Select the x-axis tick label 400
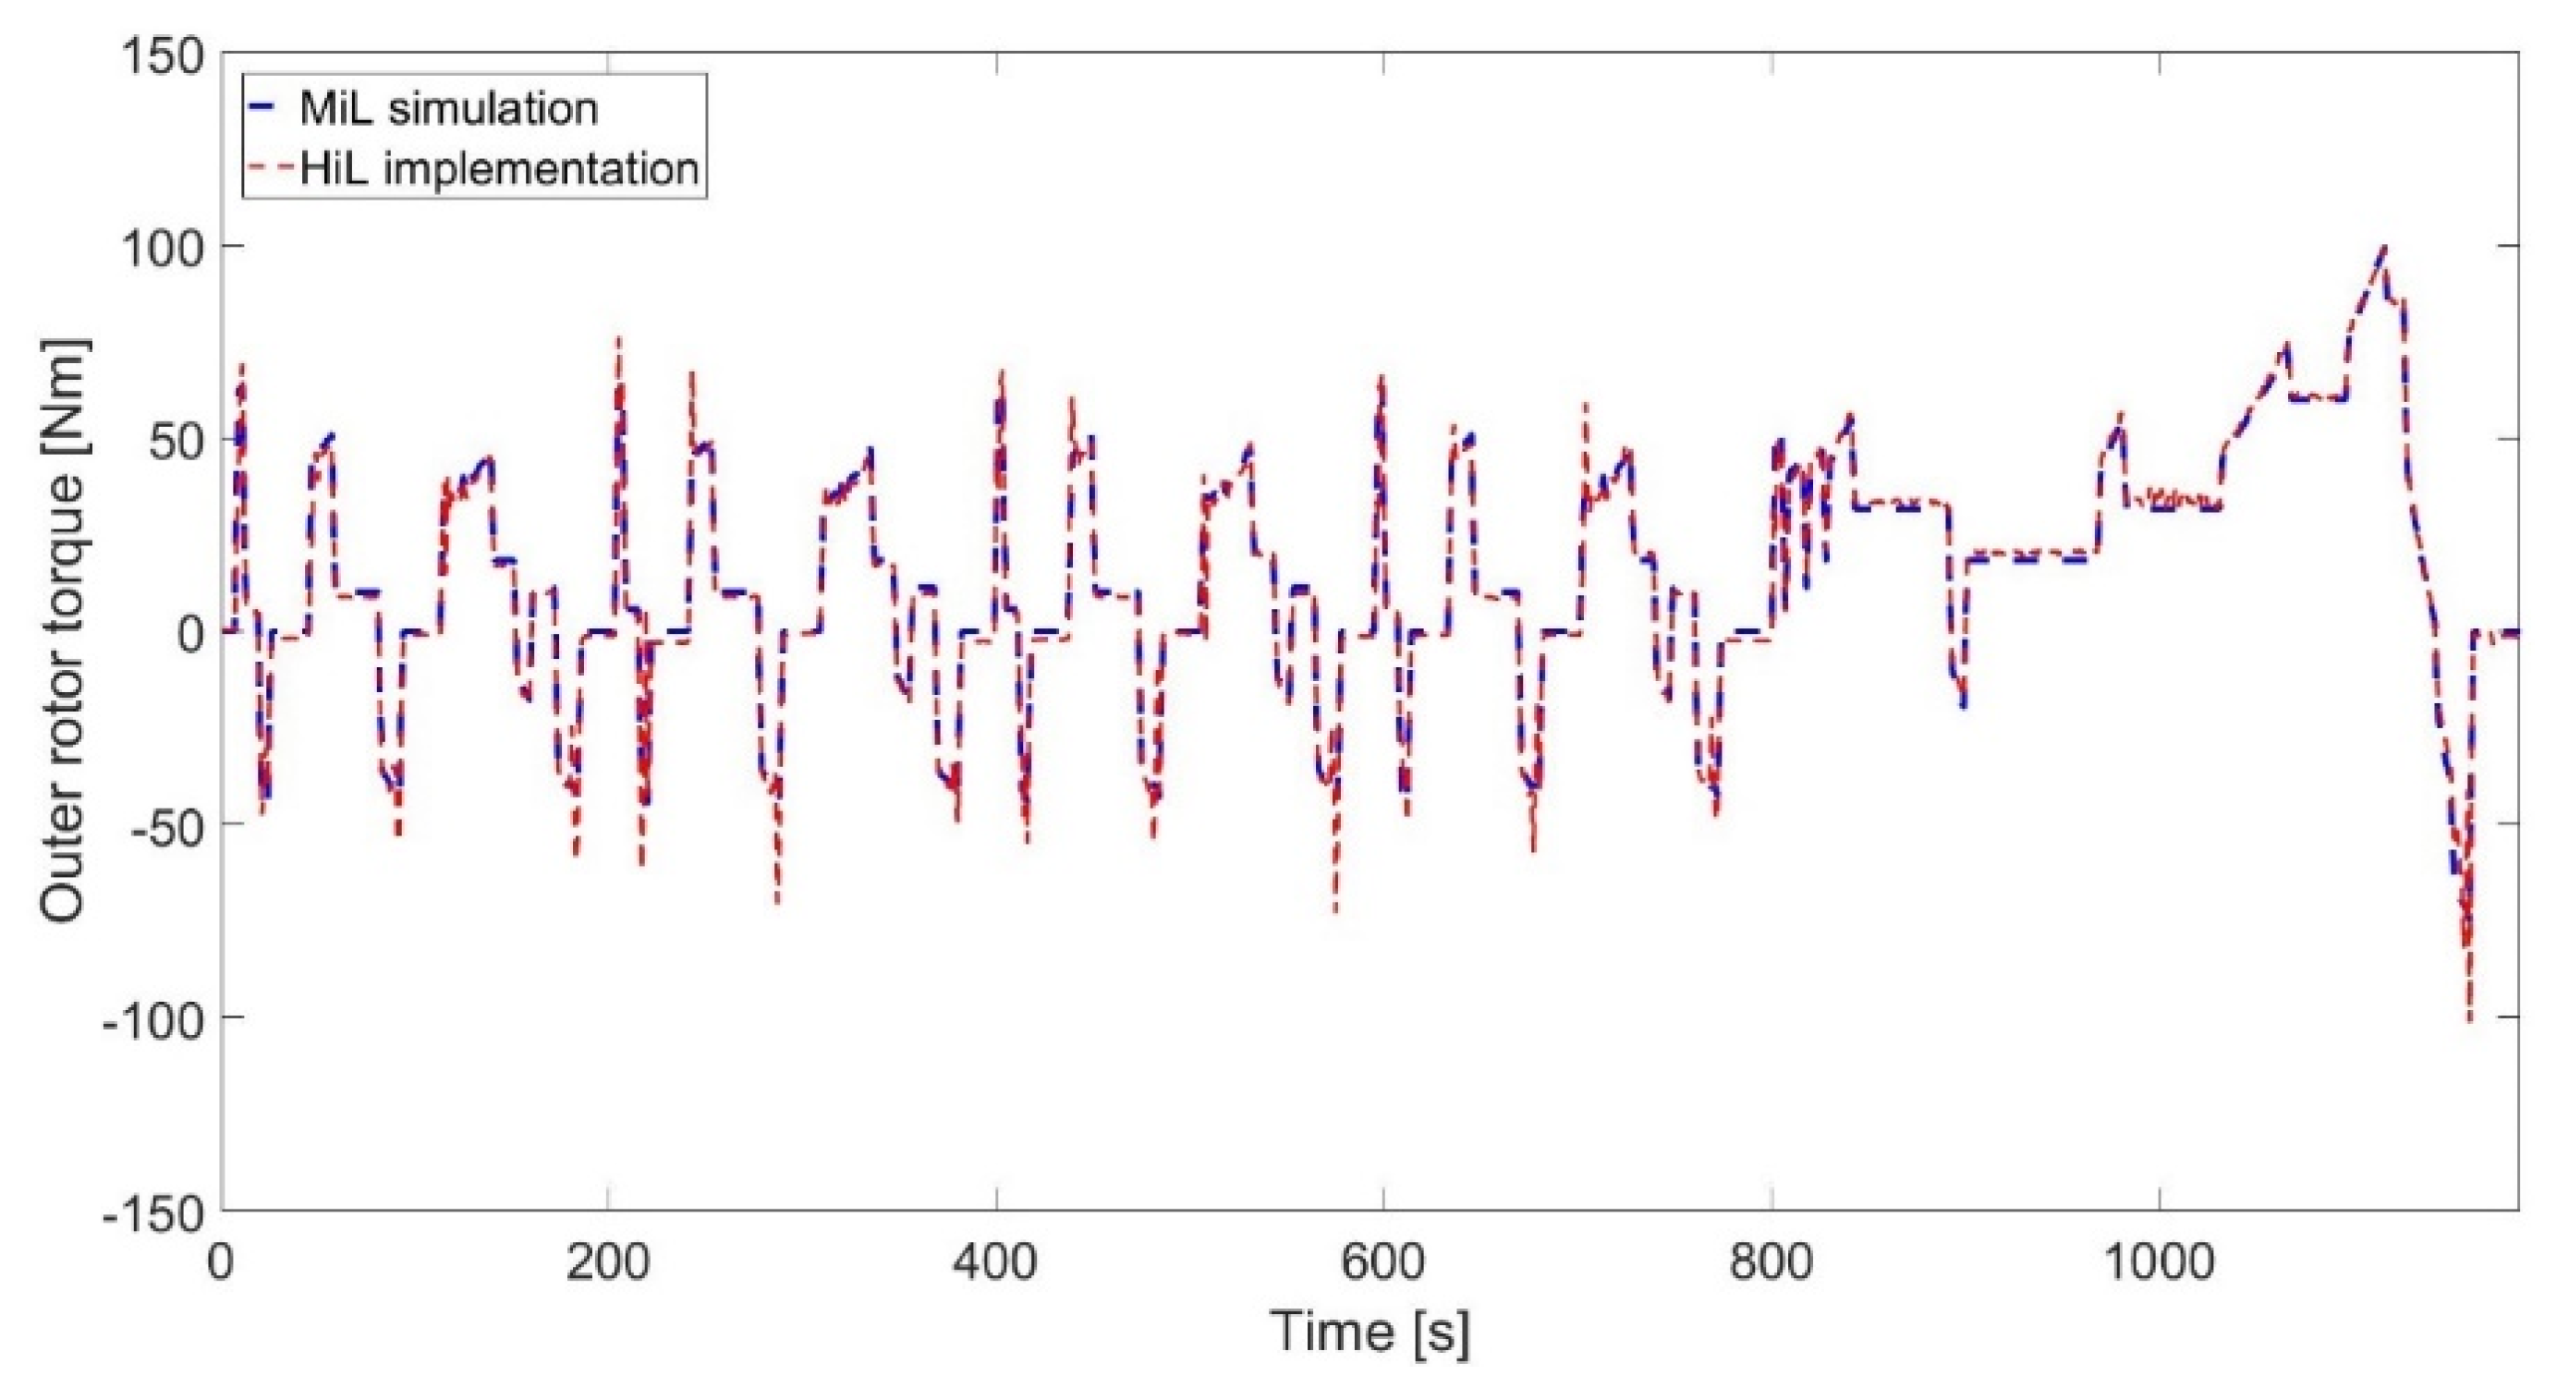click(995, 1263)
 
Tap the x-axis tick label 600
click(1383, 1263)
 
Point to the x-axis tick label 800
click(1772, 1263)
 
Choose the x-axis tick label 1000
click(2158, 1263)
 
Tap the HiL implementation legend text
click(499, 168)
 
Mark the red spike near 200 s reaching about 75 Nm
click(618, 339)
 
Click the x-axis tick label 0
click(222, 1263)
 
